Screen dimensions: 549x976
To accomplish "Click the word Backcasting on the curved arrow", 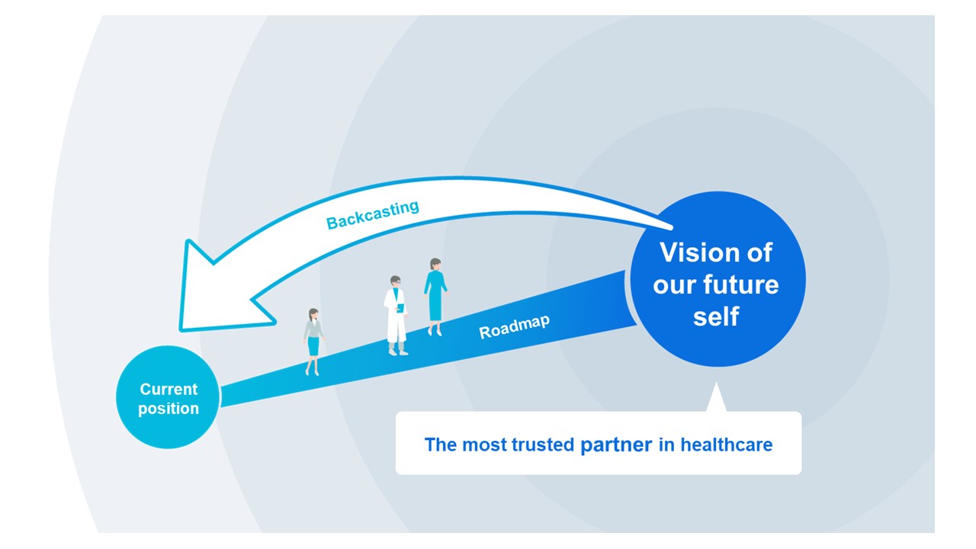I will (373, 214).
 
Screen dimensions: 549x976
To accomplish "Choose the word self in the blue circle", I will (716, 316).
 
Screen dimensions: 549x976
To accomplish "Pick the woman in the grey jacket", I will (313, 340).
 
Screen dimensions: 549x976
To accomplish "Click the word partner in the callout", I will (616, 445).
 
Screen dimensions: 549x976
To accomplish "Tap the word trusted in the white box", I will (544, 445).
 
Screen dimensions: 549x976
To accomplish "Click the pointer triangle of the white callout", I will (714, 399).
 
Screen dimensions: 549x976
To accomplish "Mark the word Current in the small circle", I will (169, 389).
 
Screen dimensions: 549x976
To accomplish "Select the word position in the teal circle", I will (169, 409).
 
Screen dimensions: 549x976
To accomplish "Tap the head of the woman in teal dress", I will (435, 265).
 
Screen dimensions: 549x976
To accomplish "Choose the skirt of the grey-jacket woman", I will (313, 345).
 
